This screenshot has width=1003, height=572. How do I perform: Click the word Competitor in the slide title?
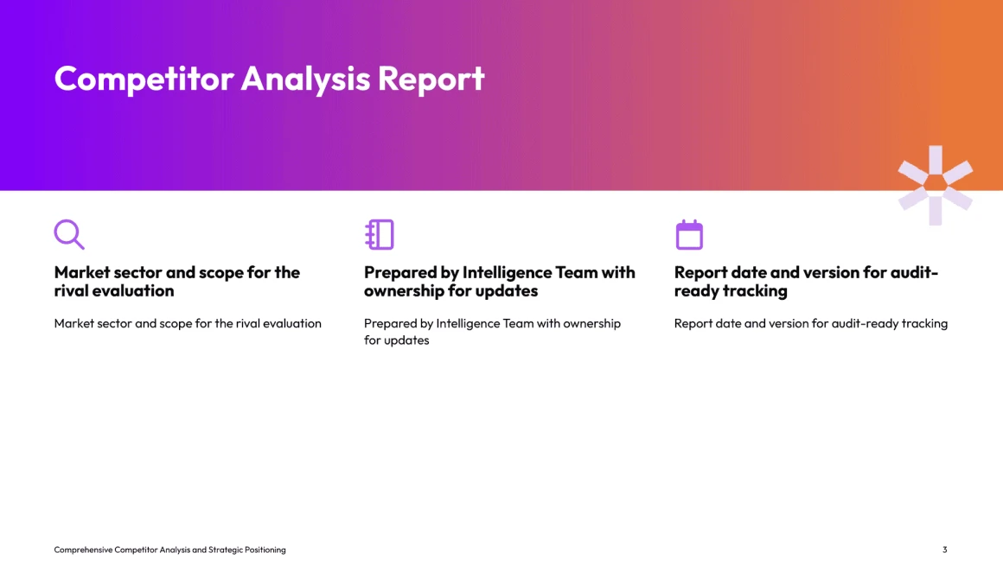(144, 79)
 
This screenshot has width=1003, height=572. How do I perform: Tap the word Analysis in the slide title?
(306, 79)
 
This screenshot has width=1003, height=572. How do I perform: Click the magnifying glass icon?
(69, 234)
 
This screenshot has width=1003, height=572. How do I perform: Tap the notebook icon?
(380, 234)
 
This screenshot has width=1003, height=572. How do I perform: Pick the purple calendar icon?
(690, 234)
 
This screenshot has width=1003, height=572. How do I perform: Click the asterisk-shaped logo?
(936, 186)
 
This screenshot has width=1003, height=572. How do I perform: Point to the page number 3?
(945, 550)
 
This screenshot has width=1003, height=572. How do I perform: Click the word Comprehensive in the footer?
(83, 550)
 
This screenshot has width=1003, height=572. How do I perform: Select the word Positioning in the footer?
(265, 550)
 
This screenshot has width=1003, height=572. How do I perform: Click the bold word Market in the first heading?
(82, 272)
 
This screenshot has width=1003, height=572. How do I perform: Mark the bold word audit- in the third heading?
(914, 272)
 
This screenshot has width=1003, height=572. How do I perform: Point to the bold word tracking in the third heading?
(756, 291)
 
